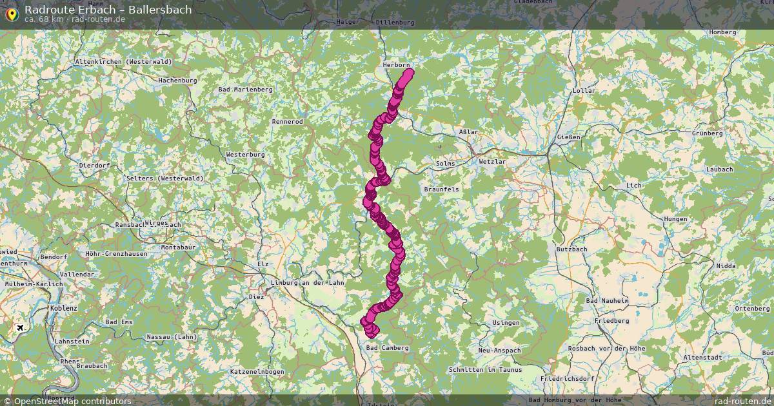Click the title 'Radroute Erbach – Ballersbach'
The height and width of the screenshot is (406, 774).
pyautogui.click(x=108, y=10)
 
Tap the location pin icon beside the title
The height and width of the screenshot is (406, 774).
pyautogui.click(x=11, y=13)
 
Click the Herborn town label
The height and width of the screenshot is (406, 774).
pyautogui.click(x=396, y=65)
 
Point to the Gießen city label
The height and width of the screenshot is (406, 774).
pyautogui.click(x=570, y=137)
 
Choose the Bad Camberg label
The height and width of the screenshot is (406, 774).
pyautogui.click(x=387, y=348)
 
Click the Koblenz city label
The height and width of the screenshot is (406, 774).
pyautogui.click(x=63, y=309)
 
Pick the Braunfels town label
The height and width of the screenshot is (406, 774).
pyautogui.click(x=441, y=189)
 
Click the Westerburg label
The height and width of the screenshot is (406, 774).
pyautogui.click(x=245, y=155)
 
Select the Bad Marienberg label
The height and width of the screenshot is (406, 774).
pyautogui.click(x=245, y=90)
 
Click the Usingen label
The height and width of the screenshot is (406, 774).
pyautogui.click(x=506, y=322)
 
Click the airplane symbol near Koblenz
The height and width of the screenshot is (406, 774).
pyautogui.click(x=21, y=328)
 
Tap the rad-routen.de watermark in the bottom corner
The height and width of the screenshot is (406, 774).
pyautogui.click(x=742, y=401)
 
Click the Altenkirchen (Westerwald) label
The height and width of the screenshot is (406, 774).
pyautogui.click(x=123, y=61)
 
